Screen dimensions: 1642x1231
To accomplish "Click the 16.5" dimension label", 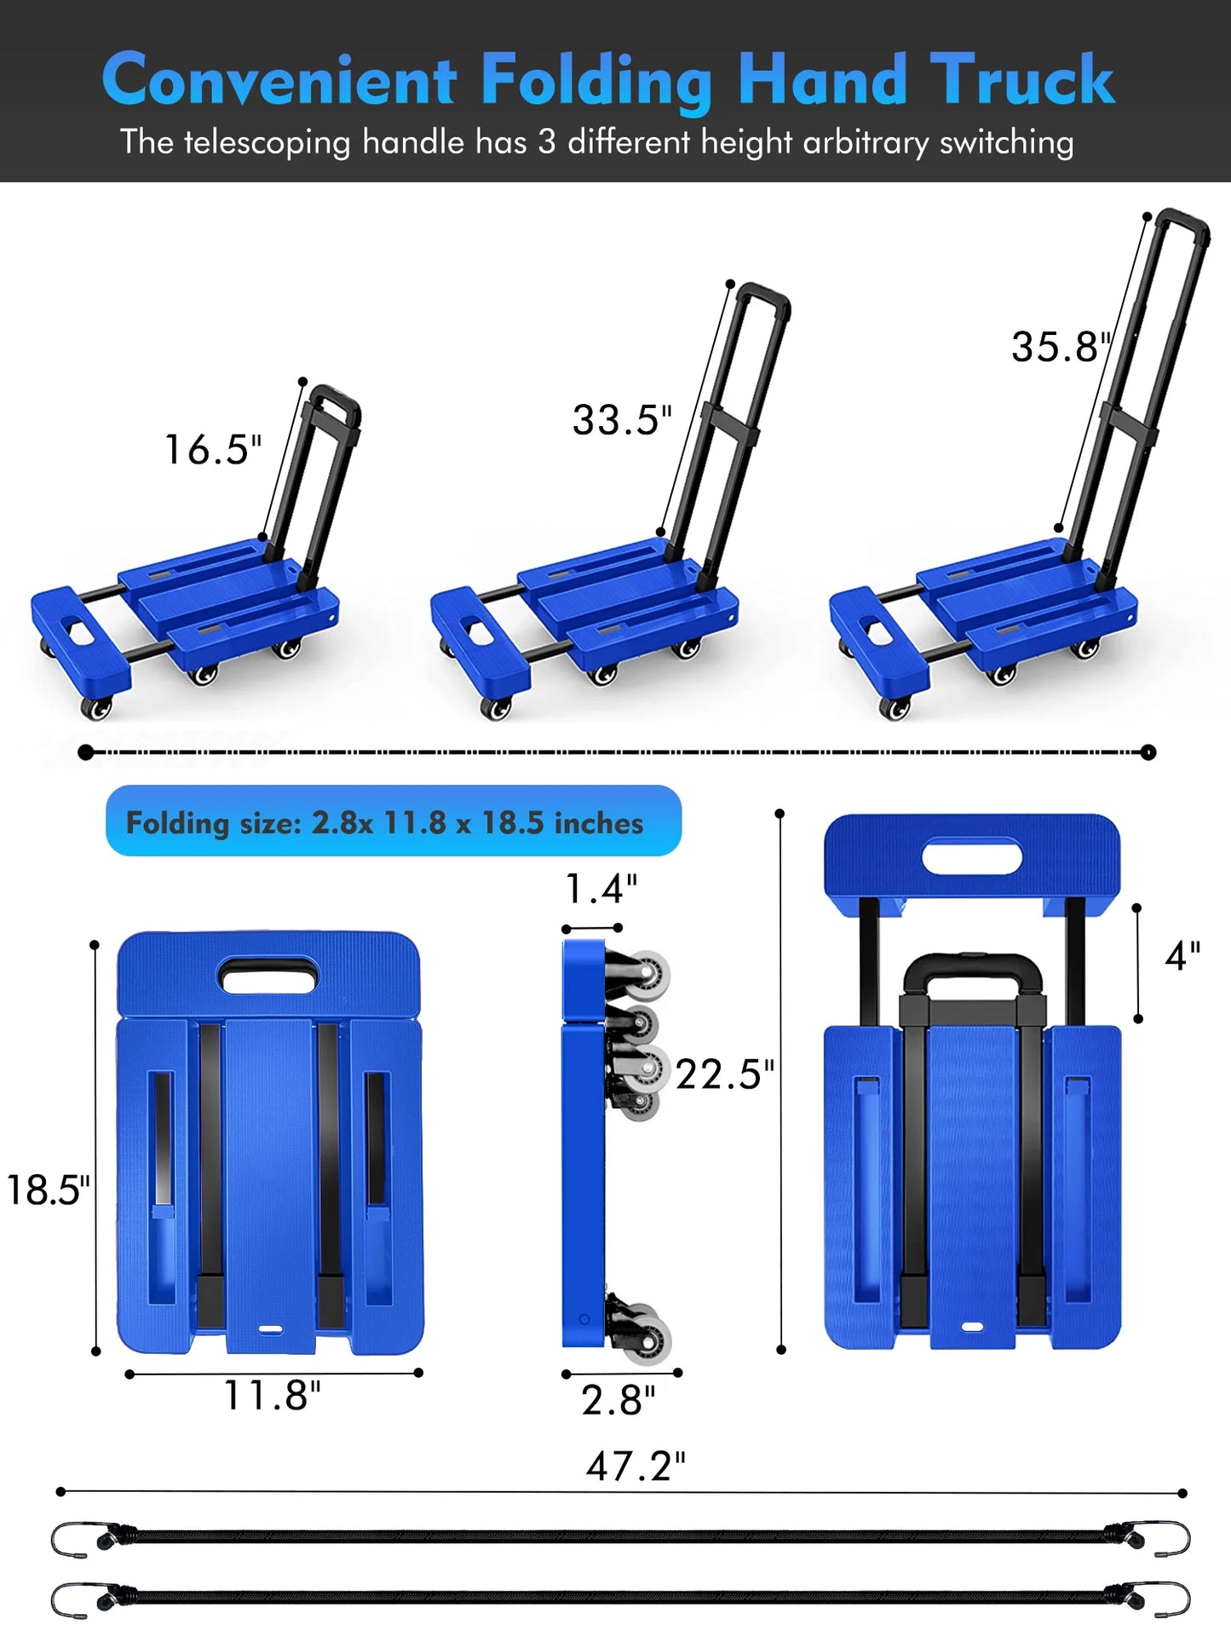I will click(212, 450).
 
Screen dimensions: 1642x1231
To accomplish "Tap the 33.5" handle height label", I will click(622, 420).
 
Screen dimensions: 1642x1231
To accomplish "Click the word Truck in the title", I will click(1022, 80).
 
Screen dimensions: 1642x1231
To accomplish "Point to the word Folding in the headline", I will click(596, 82).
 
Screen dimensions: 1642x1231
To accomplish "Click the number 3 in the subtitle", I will click(546, 141).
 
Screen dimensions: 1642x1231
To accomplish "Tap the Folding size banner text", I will click(385, 822).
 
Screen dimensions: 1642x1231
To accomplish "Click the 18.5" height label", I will click(48, 1190).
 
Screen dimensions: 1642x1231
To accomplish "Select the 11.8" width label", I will click(272, 1396).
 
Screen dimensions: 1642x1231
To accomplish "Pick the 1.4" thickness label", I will click(601, 889).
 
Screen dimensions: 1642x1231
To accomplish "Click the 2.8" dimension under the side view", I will click(618, 1400).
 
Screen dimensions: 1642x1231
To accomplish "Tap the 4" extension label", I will click(1182, 956).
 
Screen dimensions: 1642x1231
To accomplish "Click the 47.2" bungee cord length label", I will click(636, 1466).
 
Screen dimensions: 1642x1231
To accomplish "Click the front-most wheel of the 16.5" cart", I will click(96, 707).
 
